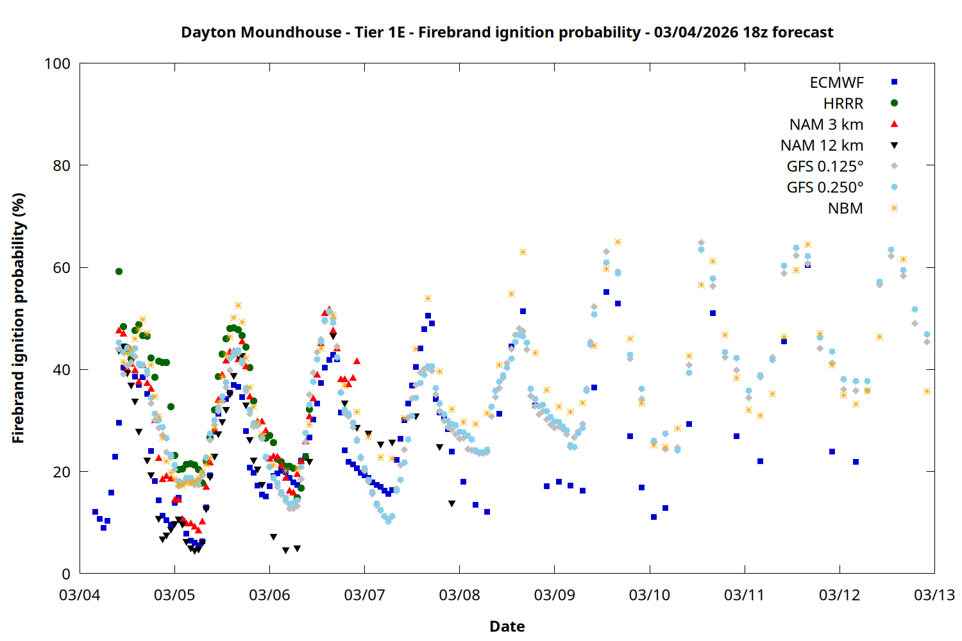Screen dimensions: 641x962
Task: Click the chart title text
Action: (x=507, y=32)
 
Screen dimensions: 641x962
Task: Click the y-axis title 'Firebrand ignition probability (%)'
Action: (x=19, y=318)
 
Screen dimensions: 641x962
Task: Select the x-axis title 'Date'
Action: (x=507, y=626)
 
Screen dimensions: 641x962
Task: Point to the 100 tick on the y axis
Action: (x=57, y=63)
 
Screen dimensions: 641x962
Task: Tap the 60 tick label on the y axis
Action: (x=62, y=267)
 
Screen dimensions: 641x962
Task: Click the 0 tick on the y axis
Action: (x=66, y=574)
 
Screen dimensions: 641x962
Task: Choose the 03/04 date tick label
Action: (x=80, y=595)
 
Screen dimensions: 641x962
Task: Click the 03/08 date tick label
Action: (x=459, y=595)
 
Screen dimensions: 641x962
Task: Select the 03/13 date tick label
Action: (x=934, y=595)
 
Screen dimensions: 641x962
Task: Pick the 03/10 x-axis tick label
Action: (x=649, y=595)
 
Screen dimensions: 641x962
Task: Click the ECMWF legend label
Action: (x=836, y=83)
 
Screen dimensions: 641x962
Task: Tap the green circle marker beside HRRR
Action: (x=894, y=103)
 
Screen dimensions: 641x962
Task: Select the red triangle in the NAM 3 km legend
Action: (x=894, y=124)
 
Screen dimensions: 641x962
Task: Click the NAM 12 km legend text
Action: (x=822, y=146)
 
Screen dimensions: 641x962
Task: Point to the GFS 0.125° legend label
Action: (x=825, y=167)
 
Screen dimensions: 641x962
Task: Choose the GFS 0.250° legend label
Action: (x=825, y=188)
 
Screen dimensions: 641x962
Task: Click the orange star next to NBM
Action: (x=894, y=208)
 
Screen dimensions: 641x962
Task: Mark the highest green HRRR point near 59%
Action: (x=119, y=271)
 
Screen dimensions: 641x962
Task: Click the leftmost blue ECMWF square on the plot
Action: (x=95, y=512)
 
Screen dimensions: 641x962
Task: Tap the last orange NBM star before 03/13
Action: (x=927, y=391)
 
